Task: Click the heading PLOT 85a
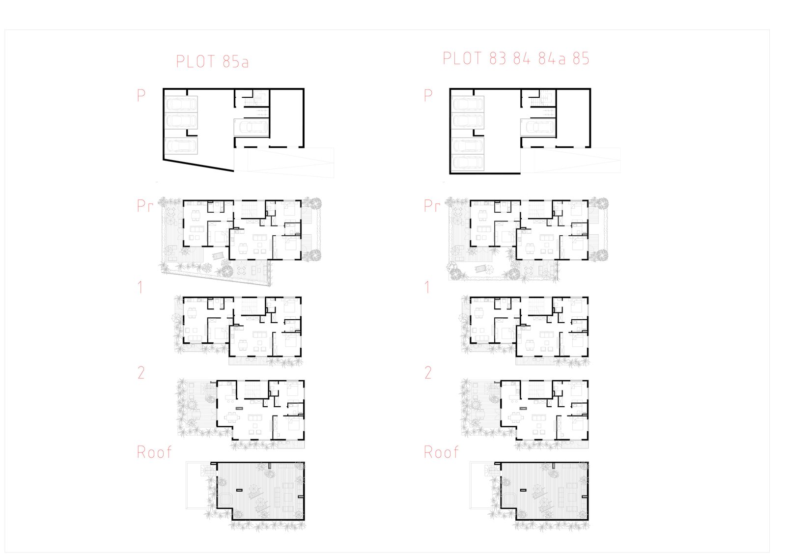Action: [x=212, y=61]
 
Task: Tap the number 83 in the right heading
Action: [x=498, y=58]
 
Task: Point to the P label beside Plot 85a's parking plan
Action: [x=141, y=95]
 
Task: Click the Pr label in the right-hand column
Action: [x=432, y=206]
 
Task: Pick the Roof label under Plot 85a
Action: [x=154, y=452]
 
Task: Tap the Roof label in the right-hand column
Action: [x=441, y=452]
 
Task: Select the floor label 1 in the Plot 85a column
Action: [x=140, y=287]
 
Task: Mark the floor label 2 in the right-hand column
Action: [x=428, y=372]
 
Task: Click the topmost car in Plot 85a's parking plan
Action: [x=181, y=104]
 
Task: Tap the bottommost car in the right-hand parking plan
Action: [x=467, y=163]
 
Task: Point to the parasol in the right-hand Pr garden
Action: [x=488, y=270]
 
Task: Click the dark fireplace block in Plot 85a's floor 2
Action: [x=240, y=408]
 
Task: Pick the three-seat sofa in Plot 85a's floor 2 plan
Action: [x=255, y=418]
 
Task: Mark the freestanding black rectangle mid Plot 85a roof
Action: [x=240, y=490]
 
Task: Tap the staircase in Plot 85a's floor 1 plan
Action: [x=250, y=306]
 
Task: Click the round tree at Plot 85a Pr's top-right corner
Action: [x=315, y=203]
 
